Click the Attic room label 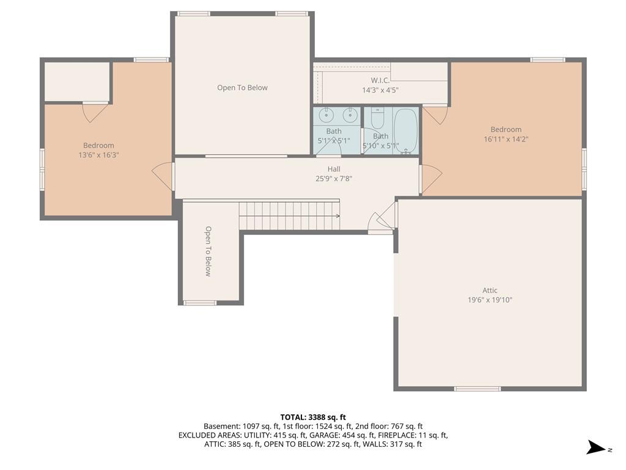[490, 291]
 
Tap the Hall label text [334, 169]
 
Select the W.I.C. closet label [380, 80]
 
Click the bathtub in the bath [406, 131]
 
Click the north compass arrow [596, 447]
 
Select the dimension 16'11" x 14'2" [506, 139]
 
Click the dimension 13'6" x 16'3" [98, 155]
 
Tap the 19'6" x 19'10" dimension [490, 300]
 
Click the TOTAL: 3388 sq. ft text [313, 417]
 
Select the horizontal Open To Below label [242, 88]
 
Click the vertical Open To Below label [208, 252]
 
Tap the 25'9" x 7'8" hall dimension [334, 179]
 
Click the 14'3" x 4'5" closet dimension [380, 90]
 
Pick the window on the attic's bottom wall [477, 389]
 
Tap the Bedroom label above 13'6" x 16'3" [98, 146]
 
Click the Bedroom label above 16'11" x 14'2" [506, 130]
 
